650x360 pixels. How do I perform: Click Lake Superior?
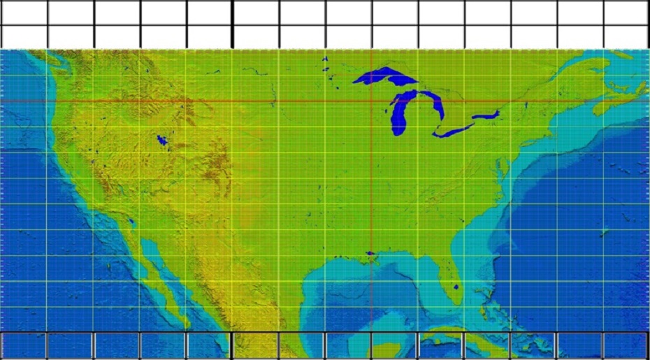(381, 75)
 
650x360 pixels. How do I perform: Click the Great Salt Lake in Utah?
(163, 141)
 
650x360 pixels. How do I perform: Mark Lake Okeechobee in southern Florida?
(456, 287)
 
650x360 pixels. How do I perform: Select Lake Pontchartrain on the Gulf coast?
(370, 254)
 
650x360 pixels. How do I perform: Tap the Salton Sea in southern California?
(131, 222)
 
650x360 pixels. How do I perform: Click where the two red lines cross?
(371, 101)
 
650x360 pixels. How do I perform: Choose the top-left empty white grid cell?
(24, 13)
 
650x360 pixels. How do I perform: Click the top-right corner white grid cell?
(626, 13)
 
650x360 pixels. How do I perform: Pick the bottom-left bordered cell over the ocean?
(24, 345)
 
